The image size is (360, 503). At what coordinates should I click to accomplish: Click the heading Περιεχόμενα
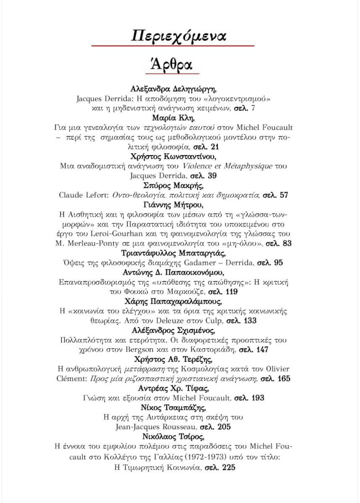(179, 36)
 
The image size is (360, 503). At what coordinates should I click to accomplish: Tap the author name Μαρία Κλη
(174, 117)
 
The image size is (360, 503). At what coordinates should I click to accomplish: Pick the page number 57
(284, 195)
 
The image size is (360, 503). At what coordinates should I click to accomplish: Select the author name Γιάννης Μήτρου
(174, 205)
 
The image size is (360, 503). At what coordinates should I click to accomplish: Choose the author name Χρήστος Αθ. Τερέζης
(174, 359)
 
